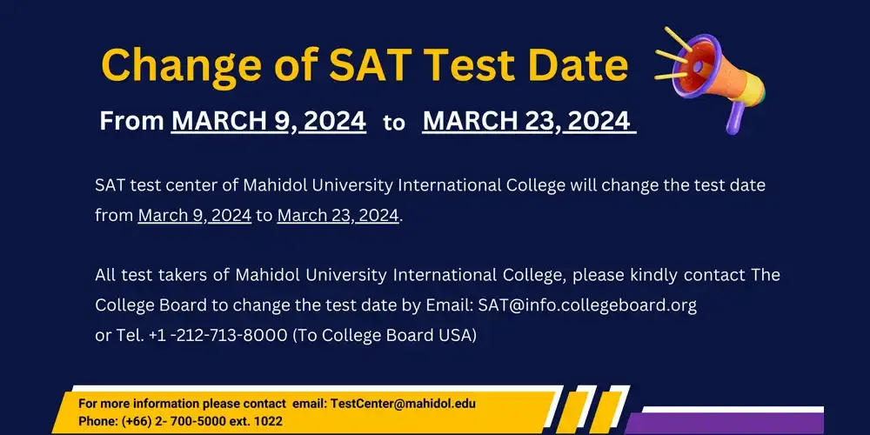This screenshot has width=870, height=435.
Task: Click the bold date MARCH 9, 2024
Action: tap(268, 121)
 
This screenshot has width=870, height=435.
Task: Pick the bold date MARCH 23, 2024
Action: tap(527, 121)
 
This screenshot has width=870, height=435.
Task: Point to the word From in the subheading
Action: tap(131, 121)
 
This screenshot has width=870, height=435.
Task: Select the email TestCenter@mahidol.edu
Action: tap(403, 405)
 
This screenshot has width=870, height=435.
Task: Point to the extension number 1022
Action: tap(266, 421)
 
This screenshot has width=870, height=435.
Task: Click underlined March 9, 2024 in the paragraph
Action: tap(194, 215)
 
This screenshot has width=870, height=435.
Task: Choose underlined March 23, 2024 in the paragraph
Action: tap(338, 215)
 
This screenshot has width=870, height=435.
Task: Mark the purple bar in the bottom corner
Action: tap(748, 421)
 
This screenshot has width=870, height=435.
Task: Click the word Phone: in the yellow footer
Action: tap(97, 421)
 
